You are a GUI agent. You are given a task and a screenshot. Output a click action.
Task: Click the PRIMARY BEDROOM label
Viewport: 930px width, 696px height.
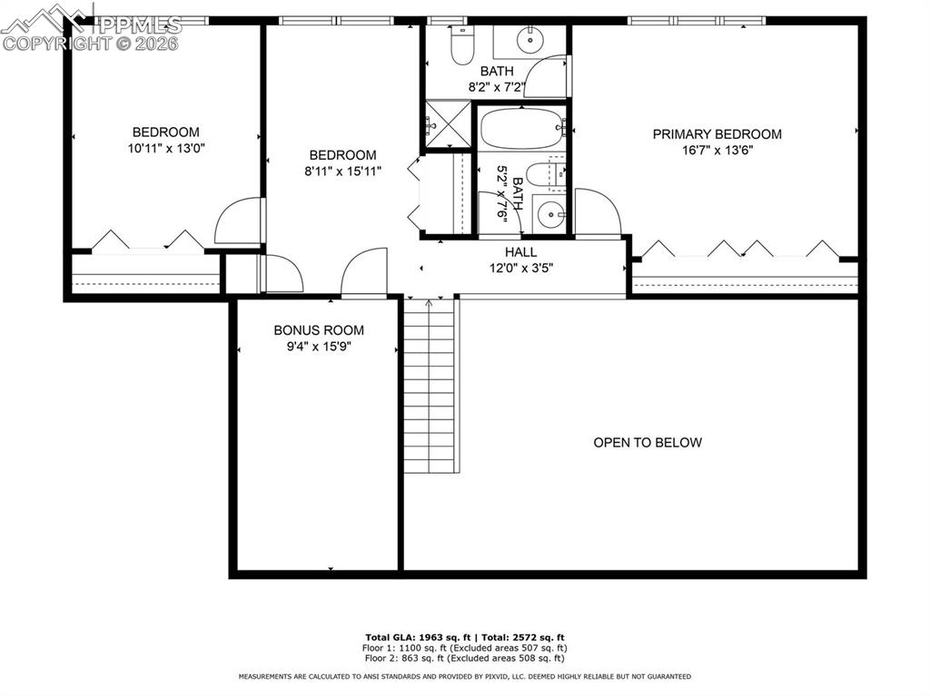pyautogui.click(x=717, y=134)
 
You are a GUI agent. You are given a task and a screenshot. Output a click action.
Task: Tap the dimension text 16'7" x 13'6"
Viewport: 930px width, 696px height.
pyautogui.click(x=717, y=151)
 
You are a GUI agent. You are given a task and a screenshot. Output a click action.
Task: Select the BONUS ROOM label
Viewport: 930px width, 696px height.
pyautogui.click(x=319, y=330)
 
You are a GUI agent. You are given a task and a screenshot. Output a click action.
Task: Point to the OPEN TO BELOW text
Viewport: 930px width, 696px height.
pyautogui.click(x=648, y=443)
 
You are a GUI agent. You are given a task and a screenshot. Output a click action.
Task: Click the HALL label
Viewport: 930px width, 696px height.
pyautogui.click(x=520, y=252)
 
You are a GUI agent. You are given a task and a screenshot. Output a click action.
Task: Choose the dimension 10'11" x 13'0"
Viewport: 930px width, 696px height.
pyautogui.click(x=166, y=148)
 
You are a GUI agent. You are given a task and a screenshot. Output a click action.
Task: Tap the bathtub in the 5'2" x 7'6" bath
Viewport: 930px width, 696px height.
pyautogui.click(x=520, y=128)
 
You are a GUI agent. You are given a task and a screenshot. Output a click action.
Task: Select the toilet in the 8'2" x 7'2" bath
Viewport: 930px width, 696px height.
pyautogui.click(x=461, y=45)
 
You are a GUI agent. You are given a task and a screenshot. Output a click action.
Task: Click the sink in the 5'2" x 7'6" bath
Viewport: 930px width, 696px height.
pyautogui.click(x=549, y=214)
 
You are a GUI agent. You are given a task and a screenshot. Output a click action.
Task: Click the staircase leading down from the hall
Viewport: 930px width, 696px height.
pyautogui.click(x=430, y=386)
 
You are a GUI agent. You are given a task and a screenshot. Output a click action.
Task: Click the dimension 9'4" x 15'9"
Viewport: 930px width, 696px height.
pyautogui.click(x=319, y=347)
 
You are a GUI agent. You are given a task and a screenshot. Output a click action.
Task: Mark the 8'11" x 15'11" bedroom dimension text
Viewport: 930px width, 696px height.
pyautogui.click(x=342, y=171)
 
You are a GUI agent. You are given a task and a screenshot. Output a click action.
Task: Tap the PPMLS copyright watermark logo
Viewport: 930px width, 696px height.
pyautogui.click(x=91, y=27)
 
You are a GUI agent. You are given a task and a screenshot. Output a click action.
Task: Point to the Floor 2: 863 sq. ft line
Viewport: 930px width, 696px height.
pyautogui.click(x=464, y=658)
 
